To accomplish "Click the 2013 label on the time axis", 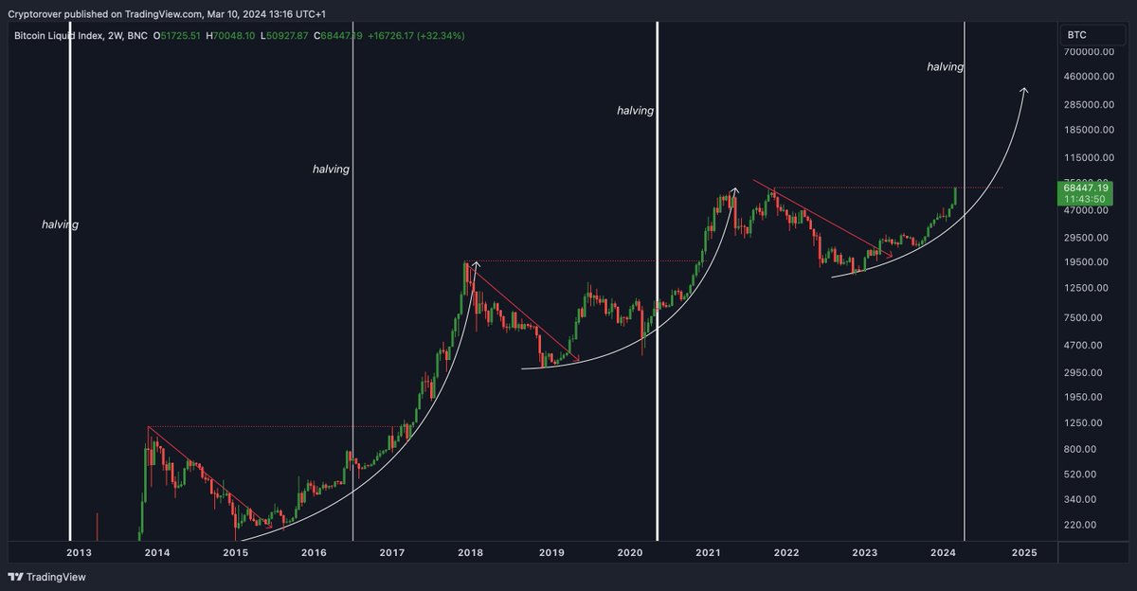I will tap(79, 552).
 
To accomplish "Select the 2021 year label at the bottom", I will tap(708, 552).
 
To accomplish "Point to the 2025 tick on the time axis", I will tap(1023, 552).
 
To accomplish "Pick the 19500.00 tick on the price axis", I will tap(1084, 262).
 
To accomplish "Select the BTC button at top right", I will tap(1077, 35).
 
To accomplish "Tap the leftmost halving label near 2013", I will tap(60, 224).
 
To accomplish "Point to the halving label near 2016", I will tap(331, 169).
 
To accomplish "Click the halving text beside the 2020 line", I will tap(635, 111).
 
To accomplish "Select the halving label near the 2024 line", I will tap(945, 67).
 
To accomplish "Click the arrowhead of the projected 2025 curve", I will tap(1023, 90).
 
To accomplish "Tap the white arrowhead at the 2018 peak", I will tap(476, 264).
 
